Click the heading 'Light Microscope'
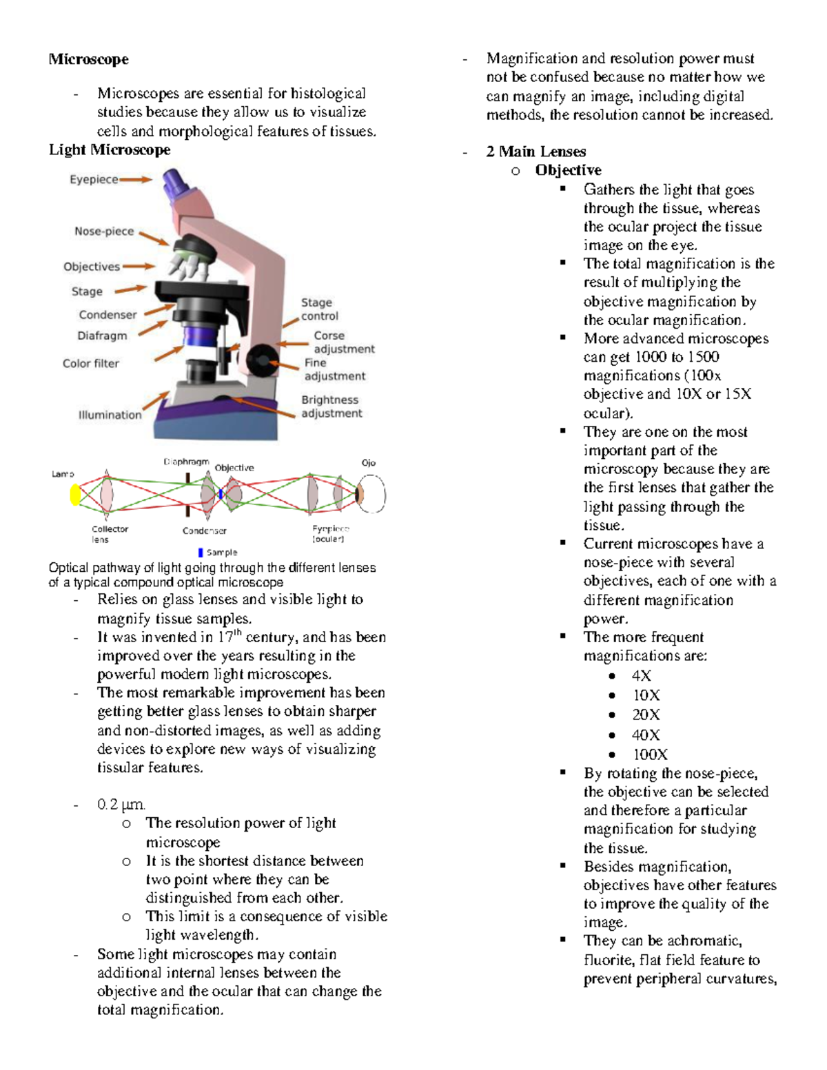pos(109,150)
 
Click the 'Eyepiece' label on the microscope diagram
pos(94,180)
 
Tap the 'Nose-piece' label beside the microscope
pos(104,232)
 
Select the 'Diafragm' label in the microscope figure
pos(102,336)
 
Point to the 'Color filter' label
pos(91,364)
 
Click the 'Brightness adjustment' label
pos(331,407)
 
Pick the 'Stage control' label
pos(319,309)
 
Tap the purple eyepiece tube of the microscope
pos(177,183)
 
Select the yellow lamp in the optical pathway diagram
pos(76,495)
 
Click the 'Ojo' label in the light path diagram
pos(369,463)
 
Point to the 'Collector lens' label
pos(110,534)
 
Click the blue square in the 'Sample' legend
pos(201,553)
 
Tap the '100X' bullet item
pos(650,754)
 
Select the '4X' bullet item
pos(641,676)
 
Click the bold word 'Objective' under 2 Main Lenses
pos(568,170)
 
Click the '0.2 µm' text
pos(121,804)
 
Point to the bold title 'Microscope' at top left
pos(88,59)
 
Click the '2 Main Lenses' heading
pos(535,152)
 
